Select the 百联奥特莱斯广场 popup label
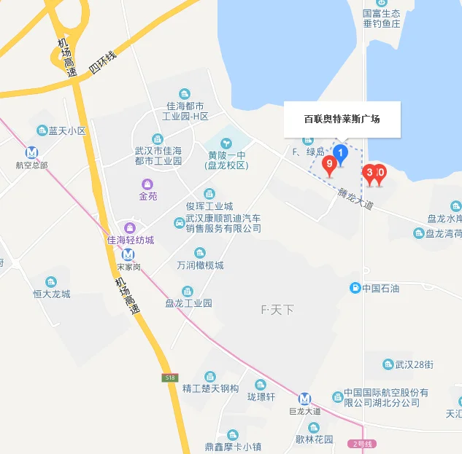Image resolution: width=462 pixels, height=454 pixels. (x=342, y=119)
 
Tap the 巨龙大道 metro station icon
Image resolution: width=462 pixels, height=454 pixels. (x=304, y=399)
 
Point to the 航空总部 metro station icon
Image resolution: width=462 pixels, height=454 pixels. (x=32, y=152)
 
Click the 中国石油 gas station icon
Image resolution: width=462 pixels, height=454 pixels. (x=355, y=288)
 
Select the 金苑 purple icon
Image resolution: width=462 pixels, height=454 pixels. (x=148, y=184)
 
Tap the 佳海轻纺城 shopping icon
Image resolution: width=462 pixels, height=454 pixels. (x=130, y=228)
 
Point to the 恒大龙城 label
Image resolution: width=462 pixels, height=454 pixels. (x=51, y=294)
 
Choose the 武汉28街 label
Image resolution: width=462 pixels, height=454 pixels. (x=415, y=364)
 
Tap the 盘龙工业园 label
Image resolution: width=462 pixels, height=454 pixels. (x=188, y=302)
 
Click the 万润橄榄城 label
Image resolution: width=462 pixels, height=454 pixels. (x=200, y=265)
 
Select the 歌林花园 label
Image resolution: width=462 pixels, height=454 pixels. (x=314, y=439)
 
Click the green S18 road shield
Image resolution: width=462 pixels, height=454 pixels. (x=169, y=377)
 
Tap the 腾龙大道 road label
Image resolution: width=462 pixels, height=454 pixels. (x=355, y=199)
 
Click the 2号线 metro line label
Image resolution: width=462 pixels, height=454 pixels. (x=362, y=443)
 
